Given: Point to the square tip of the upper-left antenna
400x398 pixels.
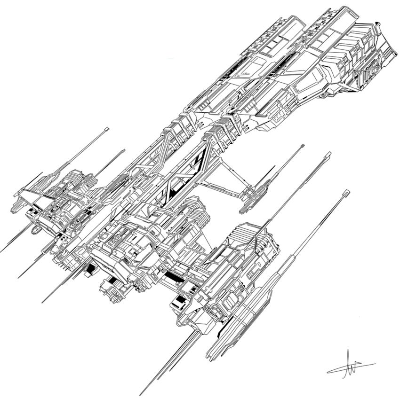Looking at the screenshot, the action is click(107, 128).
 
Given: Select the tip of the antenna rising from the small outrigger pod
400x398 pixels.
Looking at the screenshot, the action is click(302, 146).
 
